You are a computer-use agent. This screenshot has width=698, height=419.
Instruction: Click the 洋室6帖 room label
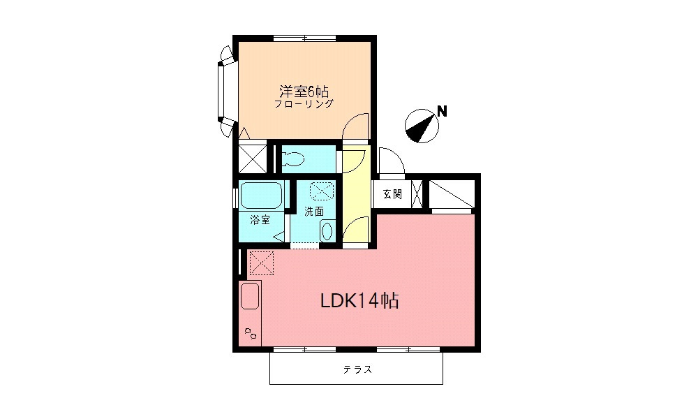[304, 91]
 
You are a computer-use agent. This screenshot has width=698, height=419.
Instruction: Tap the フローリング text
[304, 104]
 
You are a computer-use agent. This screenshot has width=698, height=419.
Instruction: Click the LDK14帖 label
[359, 301]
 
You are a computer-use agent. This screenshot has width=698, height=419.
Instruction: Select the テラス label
[357, 369]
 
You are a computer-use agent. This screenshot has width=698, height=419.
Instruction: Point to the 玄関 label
[392, 194]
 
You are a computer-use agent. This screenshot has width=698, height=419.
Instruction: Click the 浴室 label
[260, 220]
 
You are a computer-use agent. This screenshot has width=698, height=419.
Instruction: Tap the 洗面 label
[313, 210]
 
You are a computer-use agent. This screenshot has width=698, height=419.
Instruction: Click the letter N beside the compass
[441, 110]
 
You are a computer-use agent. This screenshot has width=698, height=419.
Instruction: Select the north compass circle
[422, 126]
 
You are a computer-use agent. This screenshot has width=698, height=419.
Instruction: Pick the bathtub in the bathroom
[260, 196]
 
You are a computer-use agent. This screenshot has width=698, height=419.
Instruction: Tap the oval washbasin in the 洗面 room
[328, 230]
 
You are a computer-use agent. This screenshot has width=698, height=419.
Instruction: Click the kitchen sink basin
[250, 297]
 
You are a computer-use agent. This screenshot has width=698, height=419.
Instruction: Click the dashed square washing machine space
[322, 191]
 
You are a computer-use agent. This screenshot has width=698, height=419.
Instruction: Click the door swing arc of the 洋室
[357, 126]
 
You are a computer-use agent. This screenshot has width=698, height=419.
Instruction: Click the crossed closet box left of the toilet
[252, 157]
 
